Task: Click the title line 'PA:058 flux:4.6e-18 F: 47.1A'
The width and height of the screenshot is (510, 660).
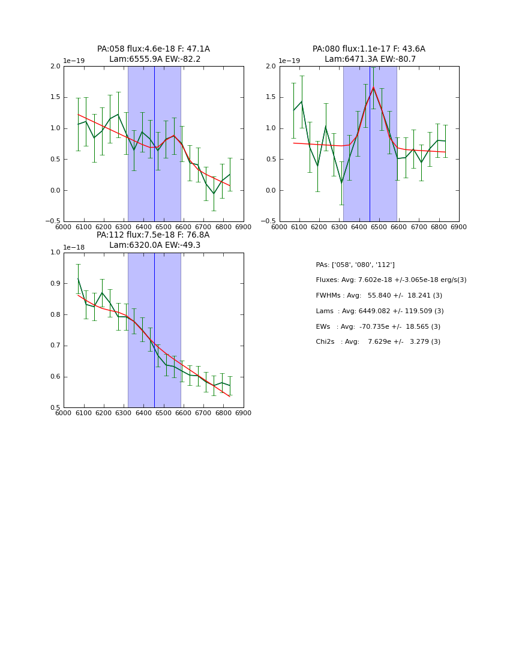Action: [x=153, y=49]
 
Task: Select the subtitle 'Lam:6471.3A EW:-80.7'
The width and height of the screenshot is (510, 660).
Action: [x=370, y=59]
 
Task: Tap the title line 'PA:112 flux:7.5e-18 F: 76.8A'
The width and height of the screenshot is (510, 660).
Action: [x=153, y=235]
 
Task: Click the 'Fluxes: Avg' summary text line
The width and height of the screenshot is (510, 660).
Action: [x=391, y=280]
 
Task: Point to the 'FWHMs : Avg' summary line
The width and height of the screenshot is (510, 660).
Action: [x=379, y=296]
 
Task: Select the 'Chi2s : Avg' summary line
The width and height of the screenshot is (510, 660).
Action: [x=378, y=342]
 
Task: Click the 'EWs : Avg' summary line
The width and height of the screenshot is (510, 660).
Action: [x=378, y=326]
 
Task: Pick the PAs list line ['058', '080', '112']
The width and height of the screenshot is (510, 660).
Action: [x=355, y=265]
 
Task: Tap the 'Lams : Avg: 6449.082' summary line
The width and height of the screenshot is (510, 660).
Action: [x=379, y=311]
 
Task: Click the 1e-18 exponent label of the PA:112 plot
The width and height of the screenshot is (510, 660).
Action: [x=74, y=247]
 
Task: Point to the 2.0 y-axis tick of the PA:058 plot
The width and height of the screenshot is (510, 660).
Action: [x=55, y=66]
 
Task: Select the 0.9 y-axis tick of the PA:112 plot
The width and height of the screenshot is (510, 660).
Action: [x=55, y=284]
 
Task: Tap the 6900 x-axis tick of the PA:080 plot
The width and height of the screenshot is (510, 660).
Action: [x=458, y=227]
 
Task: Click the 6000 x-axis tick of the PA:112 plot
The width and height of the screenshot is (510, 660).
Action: [x=64, y=413]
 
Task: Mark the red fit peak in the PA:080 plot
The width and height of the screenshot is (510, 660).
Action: [x=373, y=88]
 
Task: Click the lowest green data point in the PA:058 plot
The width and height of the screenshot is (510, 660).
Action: [x=214, y=194]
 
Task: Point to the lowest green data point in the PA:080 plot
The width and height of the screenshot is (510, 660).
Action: [x=341, y=182]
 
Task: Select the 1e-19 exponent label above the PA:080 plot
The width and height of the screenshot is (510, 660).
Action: [x=289, y=61]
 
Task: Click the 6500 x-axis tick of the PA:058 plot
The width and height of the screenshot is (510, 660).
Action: [x=163, y=227]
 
